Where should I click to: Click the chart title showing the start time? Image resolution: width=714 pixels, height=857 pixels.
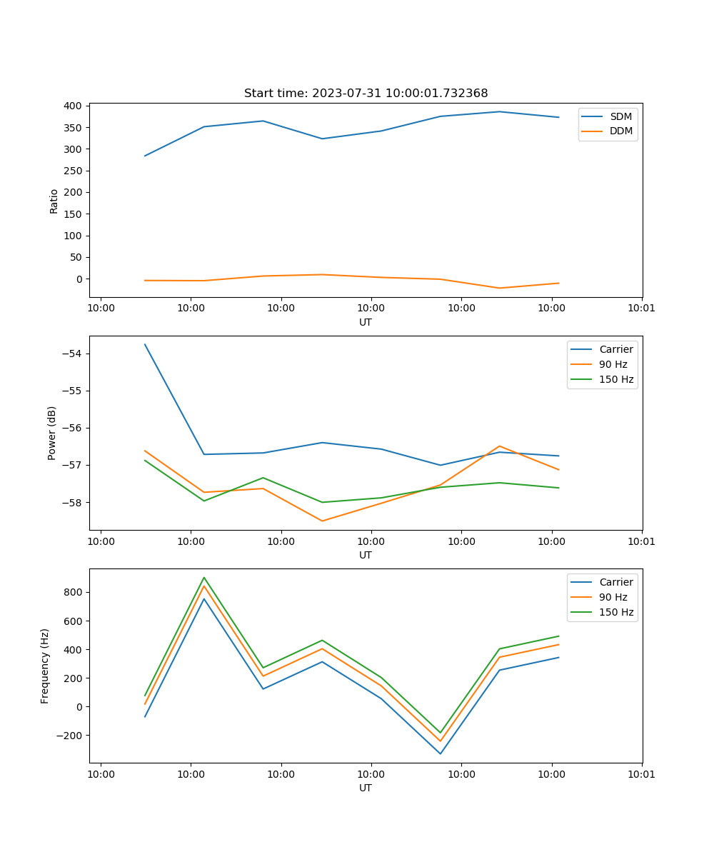pos(366,94)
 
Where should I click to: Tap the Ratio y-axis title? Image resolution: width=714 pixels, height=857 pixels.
pos(54,201)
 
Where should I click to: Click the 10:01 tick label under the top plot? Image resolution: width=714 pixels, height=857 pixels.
pos(641,309)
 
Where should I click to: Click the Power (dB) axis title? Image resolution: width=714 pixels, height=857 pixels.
pos(52,433)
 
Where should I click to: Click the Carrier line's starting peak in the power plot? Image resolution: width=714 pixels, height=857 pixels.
pos(145,344)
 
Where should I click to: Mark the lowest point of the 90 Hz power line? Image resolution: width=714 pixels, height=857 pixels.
pos(322,521)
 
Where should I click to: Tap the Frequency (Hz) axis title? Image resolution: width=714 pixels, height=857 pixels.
pos(45,666)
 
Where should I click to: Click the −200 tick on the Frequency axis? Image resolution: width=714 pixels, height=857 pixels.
pos(71,736)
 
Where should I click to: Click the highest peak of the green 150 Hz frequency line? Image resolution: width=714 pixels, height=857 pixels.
pos(204,578)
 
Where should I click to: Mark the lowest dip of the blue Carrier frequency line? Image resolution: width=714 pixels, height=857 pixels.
pos(440,753)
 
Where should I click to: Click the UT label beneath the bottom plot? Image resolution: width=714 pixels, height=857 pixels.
pos(366,788)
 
